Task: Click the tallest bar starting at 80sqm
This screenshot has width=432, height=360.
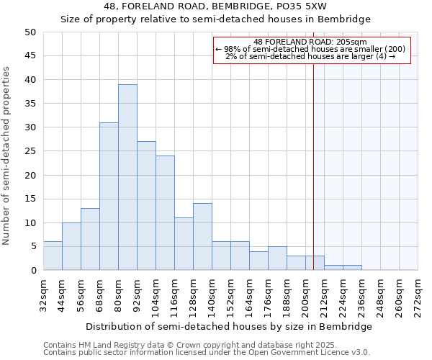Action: (127, 177)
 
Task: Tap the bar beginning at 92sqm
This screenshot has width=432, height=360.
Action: (146, 205)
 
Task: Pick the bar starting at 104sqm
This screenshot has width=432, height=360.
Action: (165, 212)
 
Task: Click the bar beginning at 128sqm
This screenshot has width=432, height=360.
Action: (202, 236)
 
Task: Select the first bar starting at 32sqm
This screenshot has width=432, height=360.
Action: (53, 256)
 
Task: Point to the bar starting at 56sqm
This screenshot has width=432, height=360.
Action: (90, 239)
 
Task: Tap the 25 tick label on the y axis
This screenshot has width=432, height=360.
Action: (30, 151)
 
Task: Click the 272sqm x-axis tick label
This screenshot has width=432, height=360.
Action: (418, 294)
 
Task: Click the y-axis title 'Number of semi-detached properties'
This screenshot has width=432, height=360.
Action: (6, 156)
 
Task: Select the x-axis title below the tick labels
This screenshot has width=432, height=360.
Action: (234, 326)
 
